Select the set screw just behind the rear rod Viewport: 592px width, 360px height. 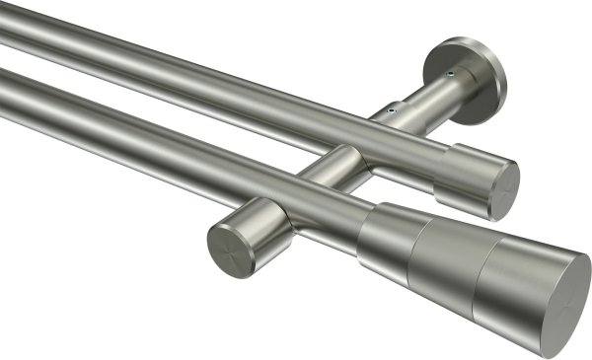pos(392,112)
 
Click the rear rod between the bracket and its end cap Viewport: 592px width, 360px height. pos(405,148)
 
